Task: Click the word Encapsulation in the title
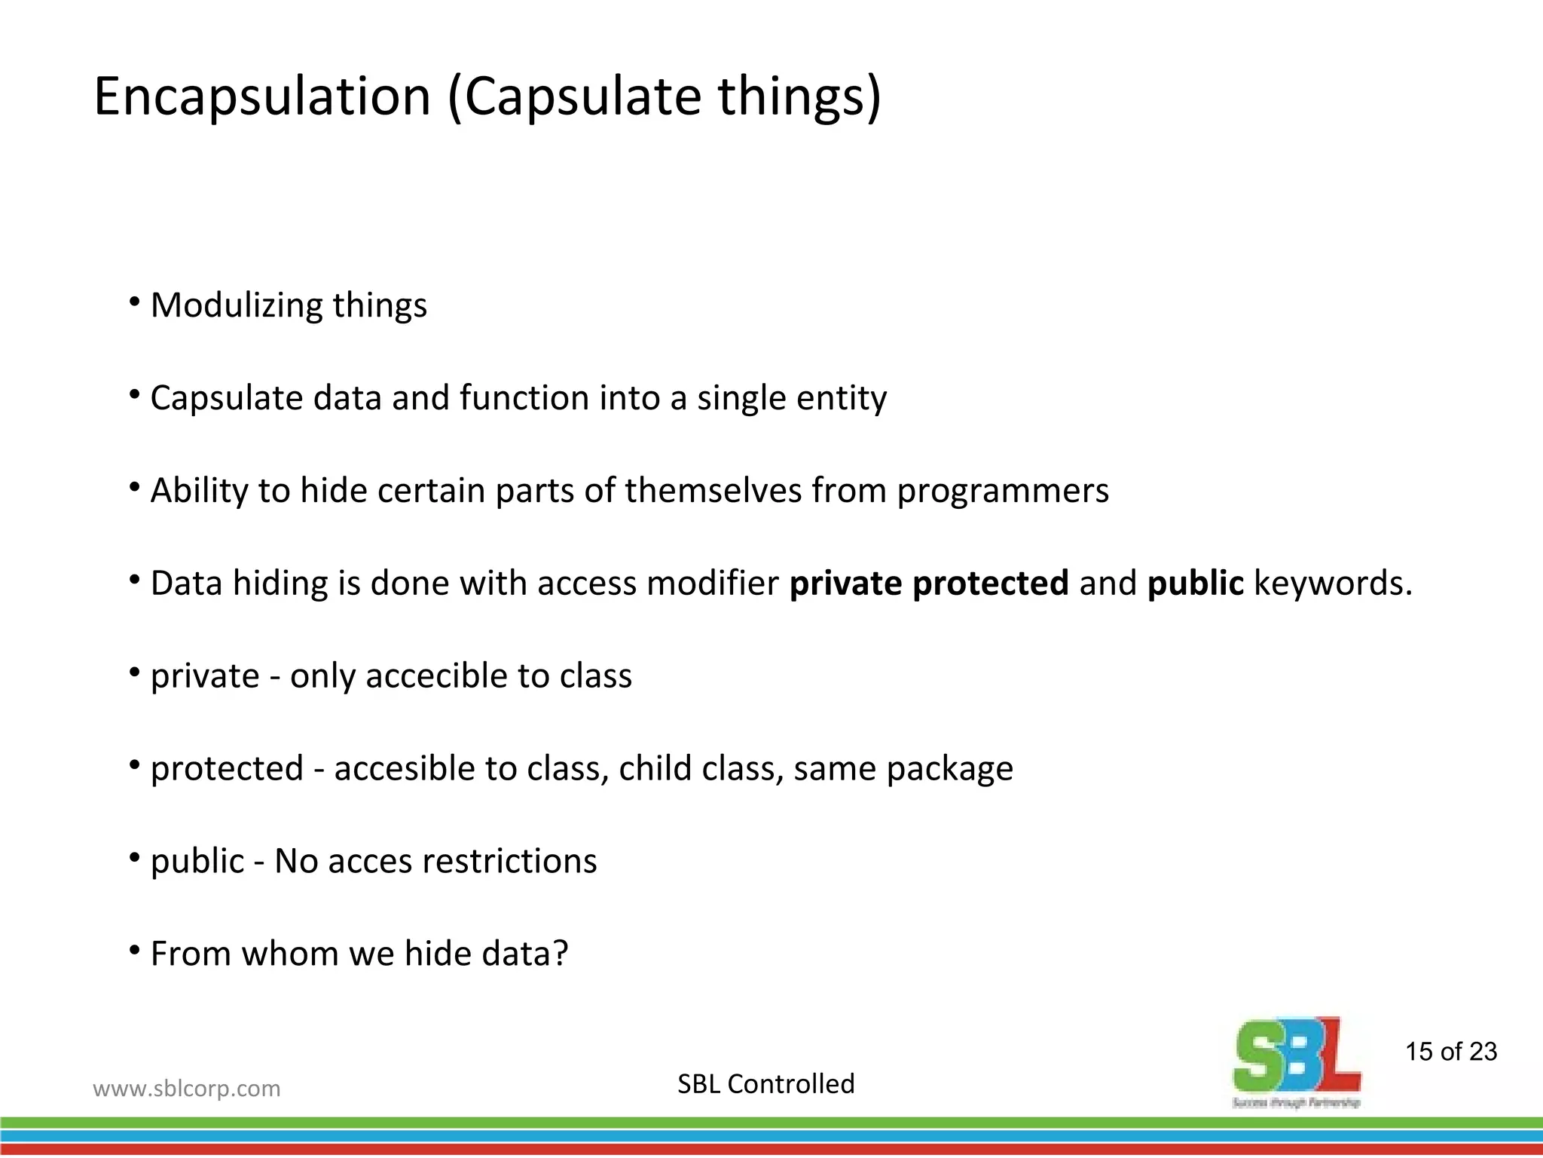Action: point(261,96)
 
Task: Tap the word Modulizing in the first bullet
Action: point(236,306)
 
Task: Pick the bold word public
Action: point(1195,584)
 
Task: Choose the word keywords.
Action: point(1333,584)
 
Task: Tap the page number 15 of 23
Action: point(1451,1052)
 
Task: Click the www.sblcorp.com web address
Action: point(186,1089)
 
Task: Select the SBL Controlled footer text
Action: point(765,1084)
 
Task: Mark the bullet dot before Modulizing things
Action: point(135,302)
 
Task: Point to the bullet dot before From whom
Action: point(135,951)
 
